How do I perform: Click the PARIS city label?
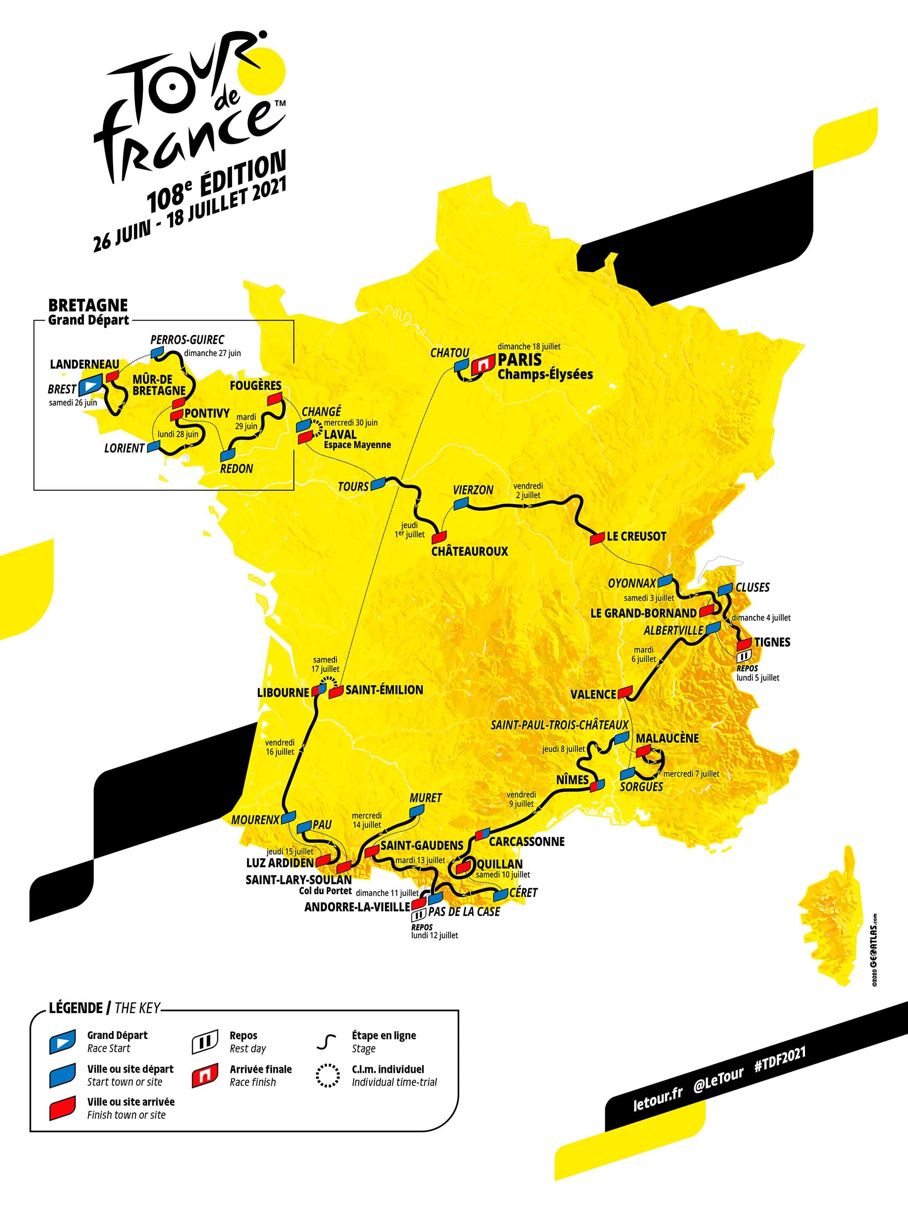click(x=519, y=360)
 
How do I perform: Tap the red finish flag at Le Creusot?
click(x=597, y=539)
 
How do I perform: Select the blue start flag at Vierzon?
click(x=461, y=503)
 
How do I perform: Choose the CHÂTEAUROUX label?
click(x=469, y=551)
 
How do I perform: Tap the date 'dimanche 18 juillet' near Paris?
click(x=529, y=346)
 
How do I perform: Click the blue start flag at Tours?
click(x=378, y=484)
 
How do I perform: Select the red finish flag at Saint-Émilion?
click(x=336, y=692)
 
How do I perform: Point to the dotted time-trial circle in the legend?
click(x=327, y=1075)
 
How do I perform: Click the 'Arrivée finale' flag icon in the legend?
click(x=205, y=1076)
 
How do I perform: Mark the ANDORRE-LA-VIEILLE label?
click(x=357, y=907)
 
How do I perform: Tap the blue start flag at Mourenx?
click(x=288, y=817)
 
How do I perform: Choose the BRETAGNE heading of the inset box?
click(x=88, y=306)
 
